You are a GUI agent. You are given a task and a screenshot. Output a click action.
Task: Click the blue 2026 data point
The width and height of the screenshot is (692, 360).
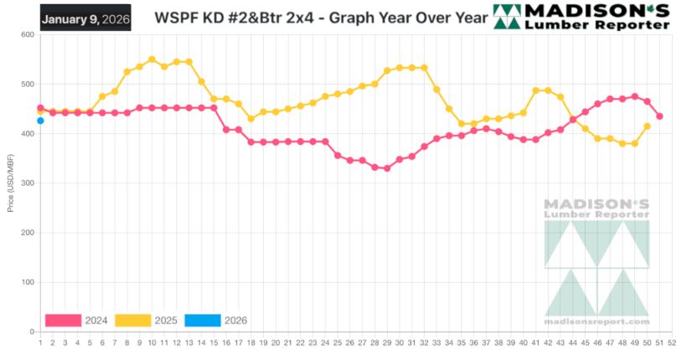point(40,121)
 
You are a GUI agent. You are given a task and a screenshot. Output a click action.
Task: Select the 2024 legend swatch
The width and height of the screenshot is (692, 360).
point(63,320)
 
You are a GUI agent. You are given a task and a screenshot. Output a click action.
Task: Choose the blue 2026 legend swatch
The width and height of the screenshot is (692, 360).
point(202,320)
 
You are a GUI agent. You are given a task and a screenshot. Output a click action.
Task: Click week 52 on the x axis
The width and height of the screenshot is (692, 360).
point(673,342)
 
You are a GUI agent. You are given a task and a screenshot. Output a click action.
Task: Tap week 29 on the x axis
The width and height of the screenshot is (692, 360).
point(387,342)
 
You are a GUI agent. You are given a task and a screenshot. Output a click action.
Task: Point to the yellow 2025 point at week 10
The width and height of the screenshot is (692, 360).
point(152,59)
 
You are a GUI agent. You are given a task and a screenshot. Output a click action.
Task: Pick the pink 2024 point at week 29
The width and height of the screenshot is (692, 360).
point(387,168)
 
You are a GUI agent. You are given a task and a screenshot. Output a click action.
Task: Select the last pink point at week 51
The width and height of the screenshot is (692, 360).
point(660,116)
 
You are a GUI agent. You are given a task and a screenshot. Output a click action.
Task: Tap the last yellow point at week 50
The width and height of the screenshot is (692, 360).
point(648,126)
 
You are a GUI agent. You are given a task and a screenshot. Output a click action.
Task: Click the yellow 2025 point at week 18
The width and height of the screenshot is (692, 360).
point(250,119)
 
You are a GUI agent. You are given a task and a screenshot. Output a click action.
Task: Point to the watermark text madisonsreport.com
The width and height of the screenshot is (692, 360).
point(596,321)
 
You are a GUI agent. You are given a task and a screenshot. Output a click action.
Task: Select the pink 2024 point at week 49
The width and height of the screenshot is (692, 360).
point(635,96)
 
